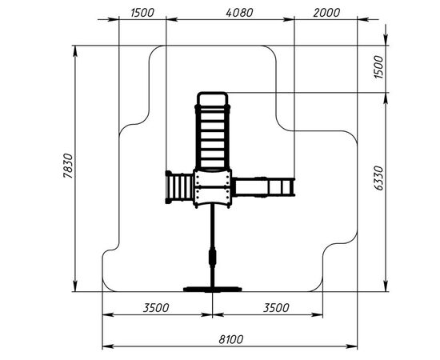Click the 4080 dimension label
(239, 13)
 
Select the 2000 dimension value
(326, 13)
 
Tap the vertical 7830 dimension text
(68, 166)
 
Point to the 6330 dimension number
(378, 178)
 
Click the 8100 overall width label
(231, 339)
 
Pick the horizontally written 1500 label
(142, 13)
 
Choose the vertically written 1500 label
(378, 67)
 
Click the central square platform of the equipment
(213, 188)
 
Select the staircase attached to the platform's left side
(179, 187)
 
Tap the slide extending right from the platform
(263, 187)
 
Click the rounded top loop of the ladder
(213, 98)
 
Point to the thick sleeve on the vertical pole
(213, 257)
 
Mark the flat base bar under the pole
(213, 289)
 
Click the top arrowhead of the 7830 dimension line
(75, 51)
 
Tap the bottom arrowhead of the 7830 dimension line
(75, 286)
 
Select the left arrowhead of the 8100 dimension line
(108, 346)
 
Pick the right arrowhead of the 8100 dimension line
(352, 346)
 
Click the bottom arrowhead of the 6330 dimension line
(386, 286)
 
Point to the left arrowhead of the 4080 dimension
(172, 19)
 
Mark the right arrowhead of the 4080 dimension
(289, 19)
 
